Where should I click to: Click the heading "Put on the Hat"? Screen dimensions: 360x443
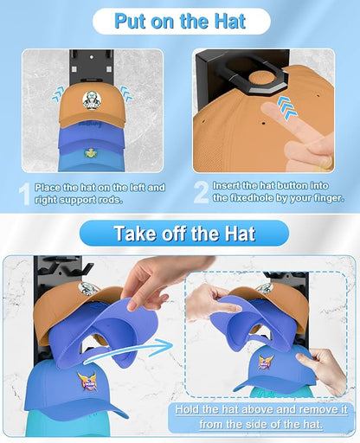coord(180,21)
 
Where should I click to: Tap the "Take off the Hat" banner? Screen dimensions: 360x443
coord(184,233)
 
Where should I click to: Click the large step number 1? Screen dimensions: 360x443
coord(25,194)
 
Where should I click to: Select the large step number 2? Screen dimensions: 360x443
coord(201,192)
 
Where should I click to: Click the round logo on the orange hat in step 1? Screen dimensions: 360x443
coord(92,100)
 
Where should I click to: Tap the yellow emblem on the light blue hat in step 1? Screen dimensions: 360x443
coord(91,153)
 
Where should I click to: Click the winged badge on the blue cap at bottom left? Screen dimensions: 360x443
coord(87,382)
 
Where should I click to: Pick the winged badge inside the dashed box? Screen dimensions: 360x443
coord(266,362)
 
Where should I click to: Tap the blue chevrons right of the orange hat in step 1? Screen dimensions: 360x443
coord(126,93)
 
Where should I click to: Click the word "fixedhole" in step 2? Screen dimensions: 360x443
coord(252,198)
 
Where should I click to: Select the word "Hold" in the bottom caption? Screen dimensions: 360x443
coord(187,409)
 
